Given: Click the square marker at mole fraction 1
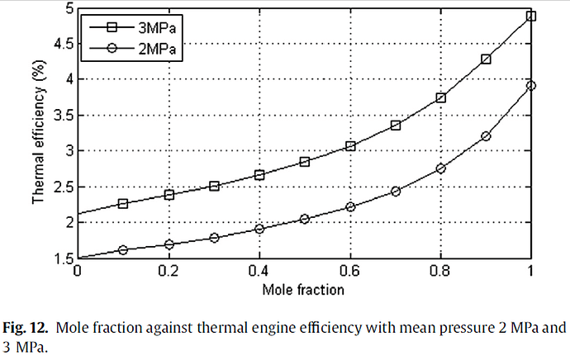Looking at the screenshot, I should pyautogui.click(x=531, y=16).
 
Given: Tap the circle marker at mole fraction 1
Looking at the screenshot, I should pyautogui.click(x=531, y=85).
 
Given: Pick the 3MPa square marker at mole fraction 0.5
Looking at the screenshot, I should pyautogui.click(x=305, y=161).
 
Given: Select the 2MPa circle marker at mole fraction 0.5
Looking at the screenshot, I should pyautogui.click(x=305, y=219).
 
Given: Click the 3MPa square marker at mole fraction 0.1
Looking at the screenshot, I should pyautogui.click(x=123, y=203).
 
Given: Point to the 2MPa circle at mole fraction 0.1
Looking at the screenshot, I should pyautogui.click(x=123, y=249).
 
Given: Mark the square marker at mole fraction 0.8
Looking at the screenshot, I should pyautogui.click(x=440, y=97).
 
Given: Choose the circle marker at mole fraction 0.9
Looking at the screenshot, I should pyautogui.click(x=486, y=136).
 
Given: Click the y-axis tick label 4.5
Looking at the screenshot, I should pyautogui.click(x=59, y=44).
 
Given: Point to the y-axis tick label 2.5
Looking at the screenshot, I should pyautogui.click(x=59, y=187).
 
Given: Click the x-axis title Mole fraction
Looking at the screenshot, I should pyautogui.click(x=303, y=290).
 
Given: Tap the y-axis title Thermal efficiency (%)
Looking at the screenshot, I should pyautogui.click(x=38, y=134).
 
